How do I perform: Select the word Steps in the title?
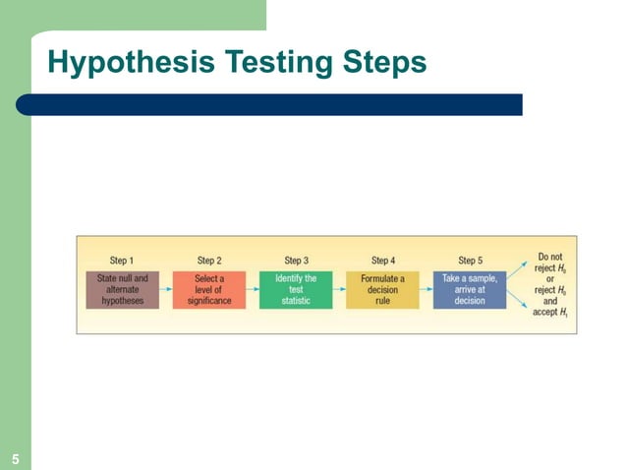pyautogui.click(x=377, y=63)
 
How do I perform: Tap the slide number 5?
pyautogui.click(x=16, y=458)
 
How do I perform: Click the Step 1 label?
pyautogui.click(x=122, y=261)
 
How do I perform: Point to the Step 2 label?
pyautogui.click(x=209, y=261)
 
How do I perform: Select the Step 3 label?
pyautogui.click(x=296, y=261)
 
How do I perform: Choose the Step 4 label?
pyautogui.click(x=383, y=261)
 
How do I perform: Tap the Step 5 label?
pyautogui.click(x=470, y=261)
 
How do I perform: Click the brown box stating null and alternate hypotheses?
pyautogui.click(x=122, y=289)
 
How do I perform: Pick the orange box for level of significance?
pyautogui.click(x=209, y=289)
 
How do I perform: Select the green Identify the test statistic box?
pyautogui.click(x=296, y=289)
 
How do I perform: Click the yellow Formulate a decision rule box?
pyautogui.click(x=383, y=289)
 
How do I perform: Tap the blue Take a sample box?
pyautogui.click(x=470, y=289)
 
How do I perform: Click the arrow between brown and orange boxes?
pyautogui.click(x=165, y=289)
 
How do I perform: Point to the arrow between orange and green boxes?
pyautogui.click(x=253, y=289)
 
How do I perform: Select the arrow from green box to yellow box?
pyautogui.click(x=339, y=289)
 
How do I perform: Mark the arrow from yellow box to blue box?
pyautogui.click(x=427, y=289)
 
